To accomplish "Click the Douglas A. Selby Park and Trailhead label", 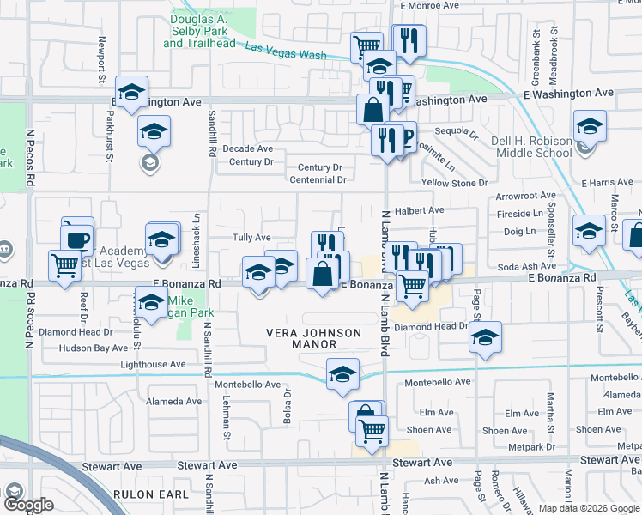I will (x=197, y=30).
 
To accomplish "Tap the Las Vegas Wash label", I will (x=286, y=51).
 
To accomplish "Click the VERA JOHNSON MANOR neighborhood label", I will (x=300, y=336).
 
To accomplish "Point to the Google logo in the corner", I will (x=28, y=504).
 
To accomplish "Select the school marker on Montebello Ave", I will (x=342, y=374).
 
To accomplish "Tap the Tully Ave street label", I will (x=251, y=237).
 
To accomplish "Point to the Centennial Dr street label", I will (x=317, y=180).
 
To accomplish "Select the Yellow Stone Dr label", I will (x=454, y=183).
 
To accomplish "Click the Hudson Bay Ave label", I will (x=93, y=348).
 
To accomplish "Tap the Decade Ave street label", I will (x=247, y=148).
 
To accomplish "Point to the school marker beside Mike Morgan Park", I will (x=152, y=305).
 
